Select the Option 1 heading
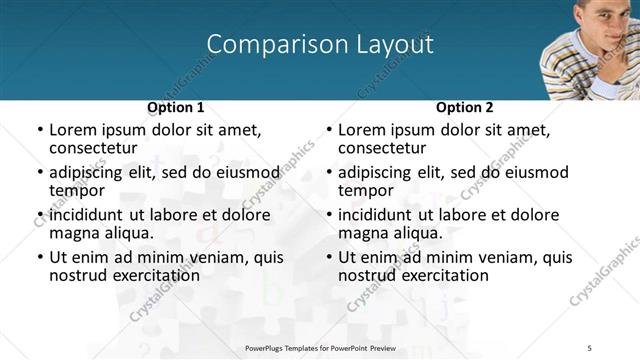click(176, 107)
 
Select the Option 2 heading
click(464, 107)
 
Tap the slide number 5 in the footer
click(590, 346)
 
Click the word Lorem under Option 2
click(361, 130)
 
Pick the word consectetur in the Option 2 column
click(382, 148)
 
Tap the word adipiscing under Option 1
click(86, 172)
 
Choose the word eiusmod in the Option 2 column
click(531, 172)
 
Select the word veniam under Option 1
click(221, 257)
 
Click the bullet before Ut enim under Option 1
click(39, 257)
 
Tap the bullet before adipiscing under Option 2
click(328, 172)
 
